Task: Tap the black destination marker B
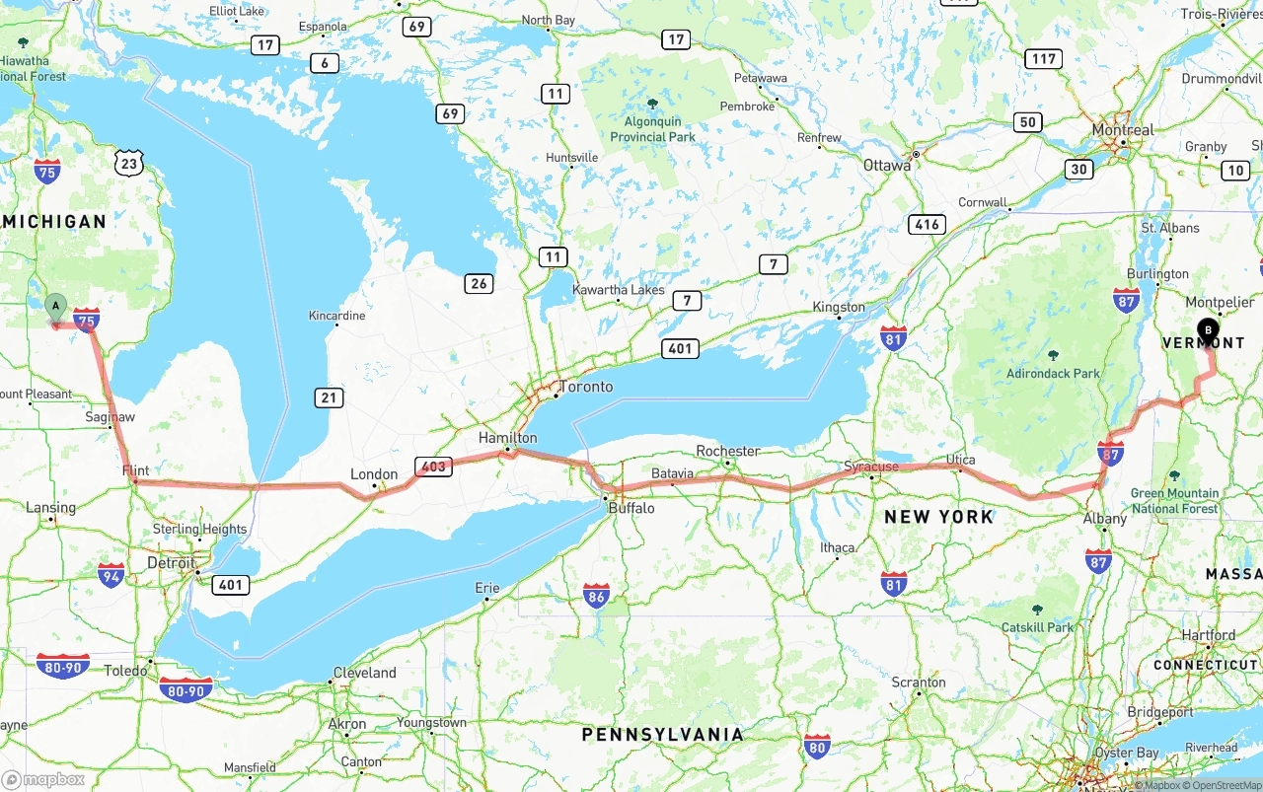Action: pyautogui.click(x=1208, y=330)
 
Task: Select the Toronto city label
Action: pyautogui.click(x=586, y=387)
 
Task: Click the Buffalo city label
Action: pyautogui.click(x=631, y=508)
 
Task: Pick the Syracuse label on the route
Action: pyautogui.click(x=871, y=467)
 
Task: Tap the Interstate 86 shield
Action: pyautogui.click(x=596, y=595)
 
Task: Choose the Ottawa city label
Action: pyautogui.click(x=887, y=166)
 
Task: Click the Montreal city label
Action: pyautogui.click(x=1122, y=130)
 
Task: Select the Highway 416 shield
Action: pyautogui.click(x=928, y=225)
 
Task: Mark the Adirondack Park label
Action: pyautogui.click(x=1053, y=374)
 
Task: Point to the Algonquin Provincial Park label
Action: pyautogui.click(x=652, y=129)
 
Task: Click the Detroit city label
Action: pyautogui.click(x=171, y=563)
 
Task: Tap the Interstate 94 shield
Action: pyautogui.click(x=111, y=575)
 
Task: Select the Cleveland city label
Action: pyautogui.click(x=364, y=673)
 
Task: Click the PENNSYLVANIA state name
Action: pyautogui.click(x=662, y=735)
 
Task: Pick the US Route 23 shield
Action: pyautogui.click(x=129, y=163)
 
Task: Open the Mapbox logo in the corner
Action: pyautogui.click(x=44, y=779)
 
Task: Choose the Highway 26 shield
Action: pyautogui.click(x=479, y=283)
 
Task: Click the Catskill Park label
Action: pyautogui.click(x=1036, y=627)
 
